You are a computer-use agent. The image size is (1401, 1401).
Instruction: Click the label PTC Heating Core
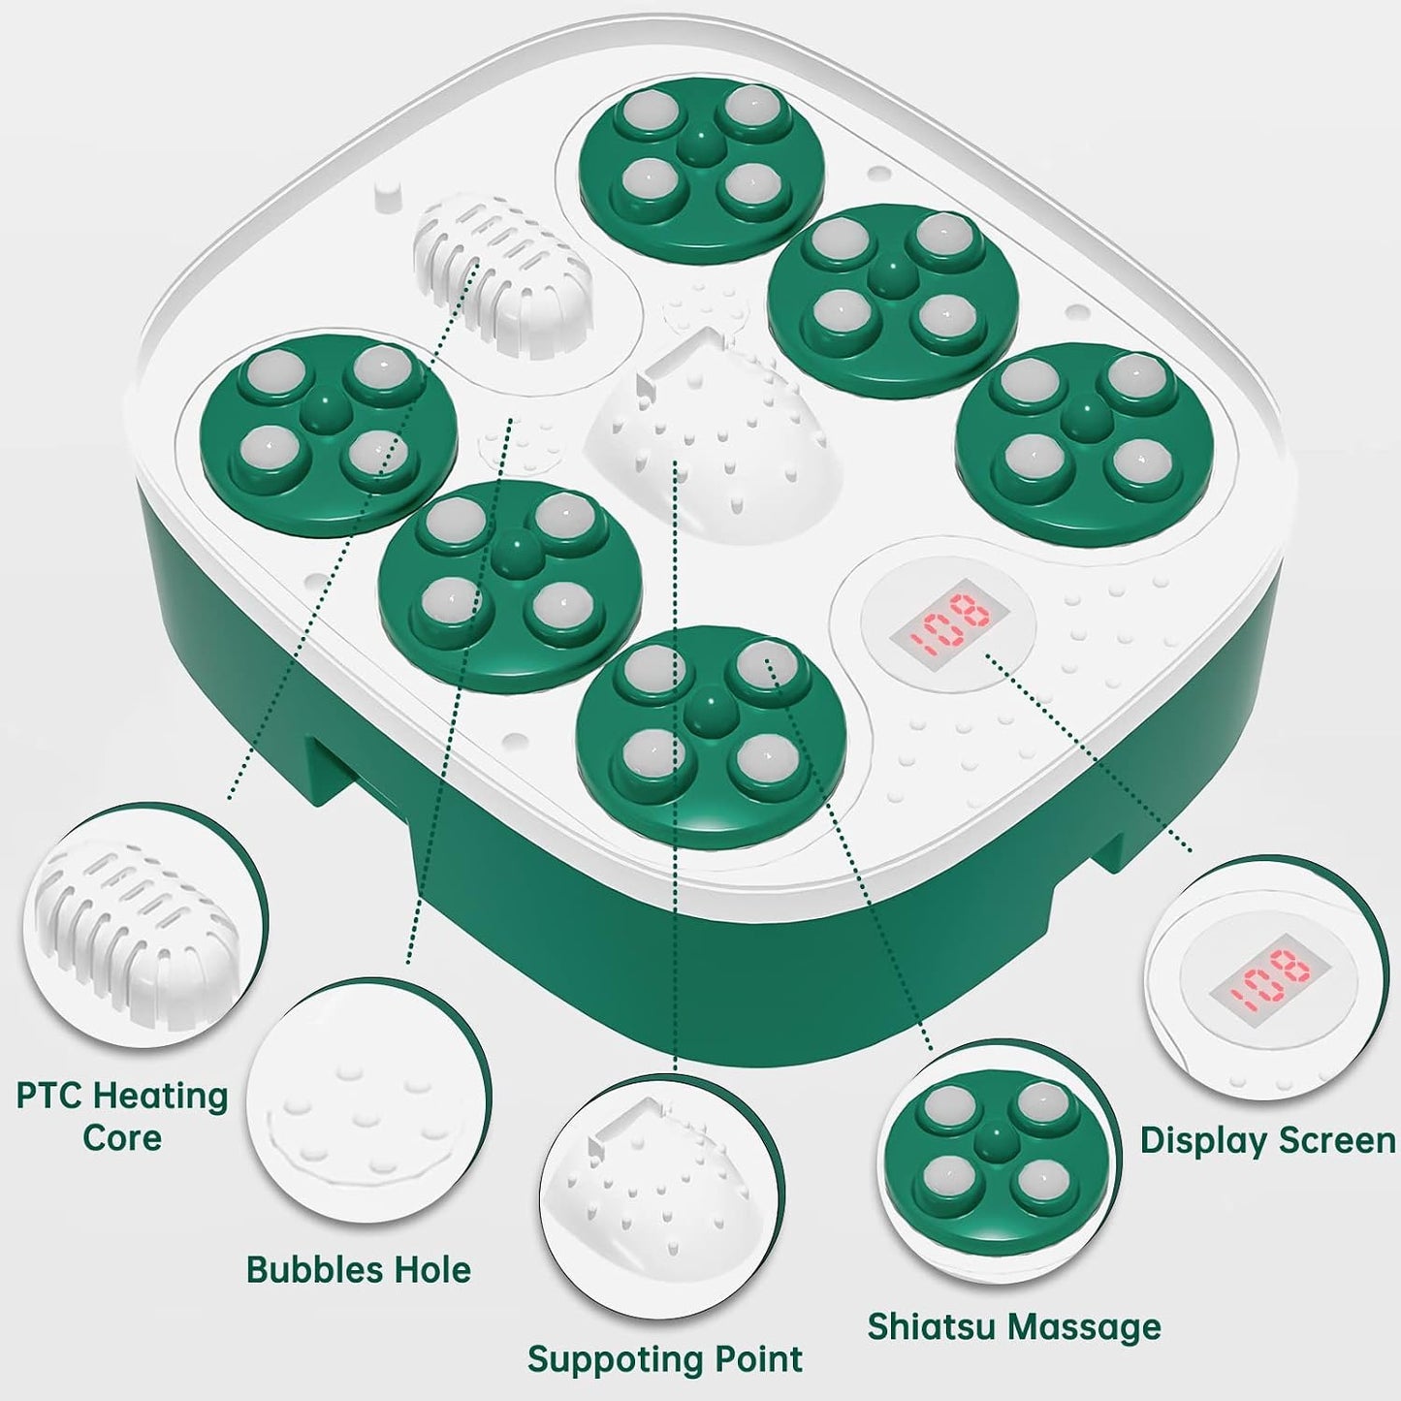point(122,1115)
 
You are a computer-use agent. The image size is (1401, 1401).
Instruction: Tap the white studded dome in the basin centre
point(716,436)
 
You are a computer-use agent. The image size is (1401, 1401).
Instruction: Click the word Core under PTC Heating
point(122,1137)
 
